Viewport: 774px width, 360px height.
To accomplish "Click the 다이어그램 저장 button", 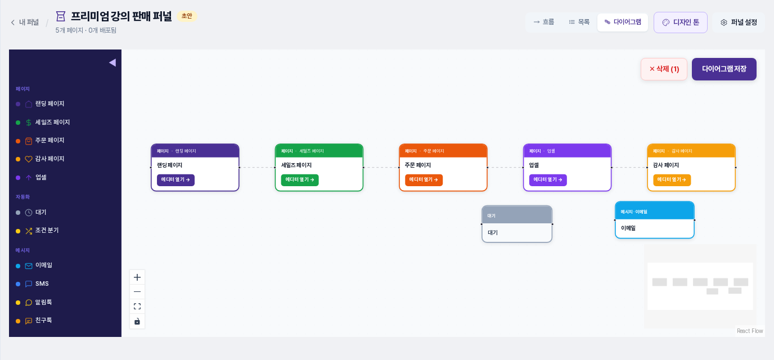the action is (724, 69).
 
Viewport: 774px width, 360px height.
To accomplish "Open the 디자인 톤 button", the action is (681, 22).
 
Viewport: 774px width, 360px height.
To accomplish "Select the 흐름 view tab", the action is (544, 22).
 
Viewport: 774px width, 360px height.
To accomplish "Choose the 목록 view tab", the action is (579, 22).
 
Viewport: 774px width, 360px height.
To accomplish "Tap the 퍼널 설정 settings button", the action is (739, 22).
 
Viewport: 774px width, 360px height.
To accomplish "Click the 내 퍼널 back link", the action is (25, 22).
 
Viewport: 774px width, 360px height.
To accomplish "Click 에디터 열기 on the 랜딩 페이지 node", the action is (175, 180).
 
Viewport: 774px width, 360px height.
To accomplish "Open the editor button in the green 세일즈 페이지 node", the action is (300, 180).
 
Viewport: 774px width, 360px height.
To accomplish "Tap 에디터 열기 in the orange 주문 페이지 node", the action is (424, 180).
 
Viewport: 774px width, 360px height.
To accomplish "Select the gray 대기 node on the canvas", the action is (517, 224).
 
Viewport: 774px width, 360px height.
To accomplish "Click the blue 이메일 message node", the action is (654, 220).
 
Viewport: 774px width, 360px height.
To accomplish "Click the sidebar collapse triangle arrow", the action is (112, 62).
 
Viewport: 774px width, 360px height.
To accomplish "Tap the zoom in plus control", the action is (137, 277).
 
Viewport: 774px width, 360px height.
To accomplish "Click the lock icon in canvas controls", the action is (137, 321).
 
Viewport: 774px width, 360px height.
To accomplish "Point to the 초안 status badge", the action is (187, 16).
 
